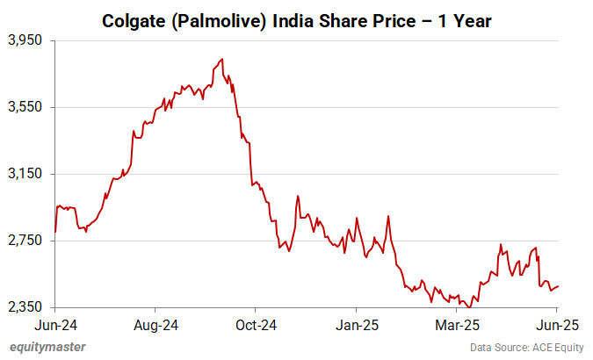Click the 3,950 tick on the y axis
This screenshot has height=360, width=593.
(x=25, y=40)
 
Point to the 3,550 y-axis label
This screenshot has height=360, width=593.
(x=25, y=107)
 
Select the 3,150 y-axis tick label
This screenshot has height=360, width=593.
(x=25, y=174)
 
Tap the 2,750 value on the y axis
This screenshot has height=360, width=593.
(x=25, y=241)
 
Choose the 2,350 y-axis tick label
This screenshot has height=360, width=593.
(x=25, y=307)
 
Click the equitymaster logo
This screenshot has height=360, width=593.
(x=47, y=347)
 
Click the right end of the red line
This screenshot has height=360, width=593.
(x=559, y=285)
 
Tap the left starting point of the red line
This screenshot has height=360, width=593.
(x=55, y=232)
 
